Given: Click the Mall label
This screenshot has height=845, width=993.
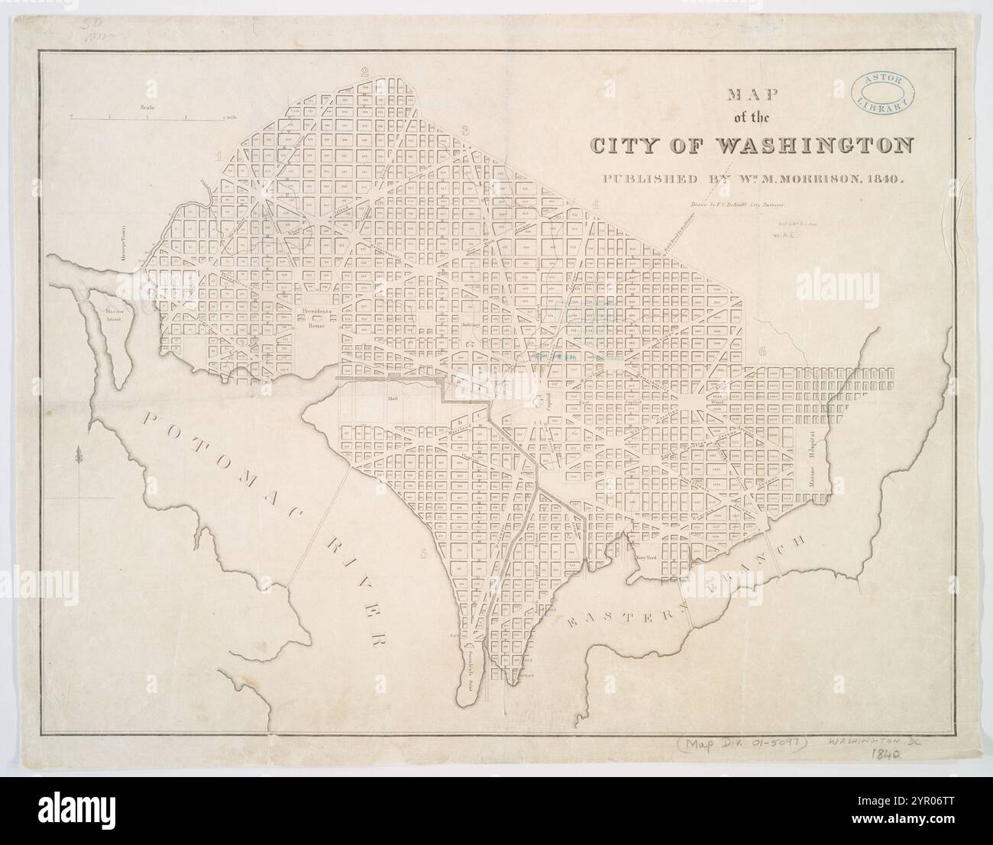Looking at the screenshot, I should pos(394,398).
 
